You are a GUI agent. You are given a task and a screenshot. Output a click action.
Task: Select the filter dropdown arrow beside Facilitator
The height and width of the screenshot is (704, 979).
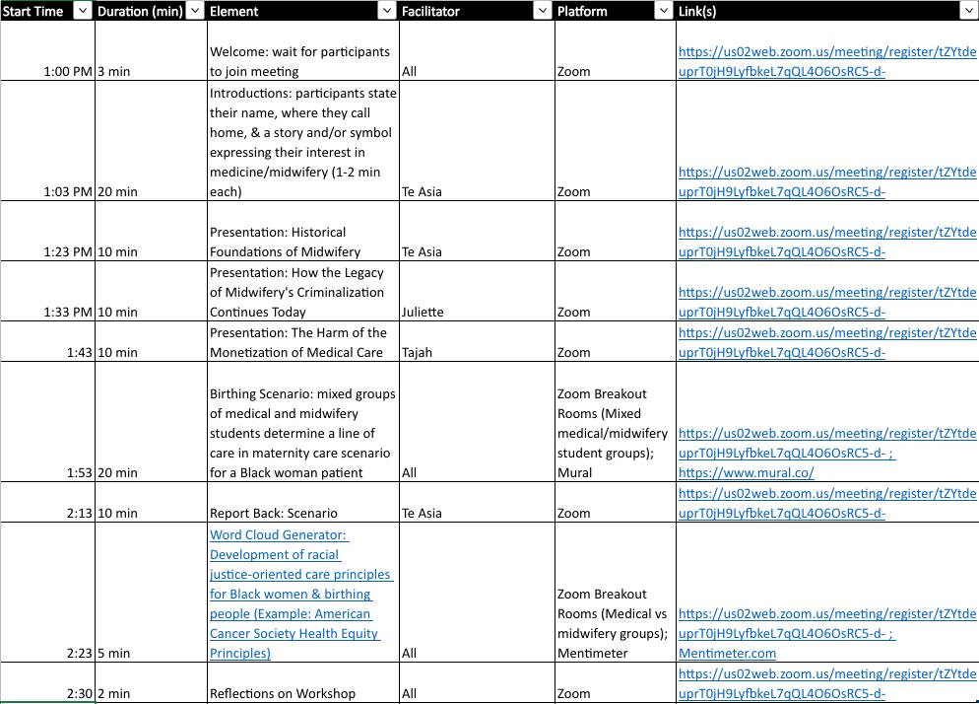click(x=541, y=11)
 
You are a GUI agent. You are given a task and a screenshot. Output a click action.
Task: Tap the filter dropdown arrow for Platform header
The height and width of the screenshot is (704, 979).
click(x=664, y=11)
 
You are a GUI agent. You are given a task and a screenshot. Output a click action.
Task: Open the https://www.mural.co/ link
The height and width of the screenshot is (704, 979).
click(x=746, y=473)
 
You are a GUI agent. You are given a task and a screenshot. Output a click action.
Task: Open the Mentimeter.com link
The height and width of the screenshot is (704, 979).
click(x=727, y=654)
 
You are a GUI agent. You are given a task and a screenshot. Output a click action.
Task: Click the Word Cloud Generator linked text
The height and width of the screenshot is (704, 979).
click(x=279, y=535)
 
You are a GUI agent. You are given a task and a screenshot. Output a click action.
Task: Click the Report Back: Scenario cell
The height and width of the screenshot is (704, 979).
click(x=273, y=514)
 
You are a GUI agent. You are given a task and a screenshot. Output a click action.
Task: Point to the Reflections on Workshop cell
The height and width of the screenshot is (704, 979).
click(x=282, y=694)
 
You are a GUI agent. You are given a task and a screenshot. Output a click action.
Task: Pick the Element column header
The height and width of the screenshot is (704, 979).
click(x=234, y=11)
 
